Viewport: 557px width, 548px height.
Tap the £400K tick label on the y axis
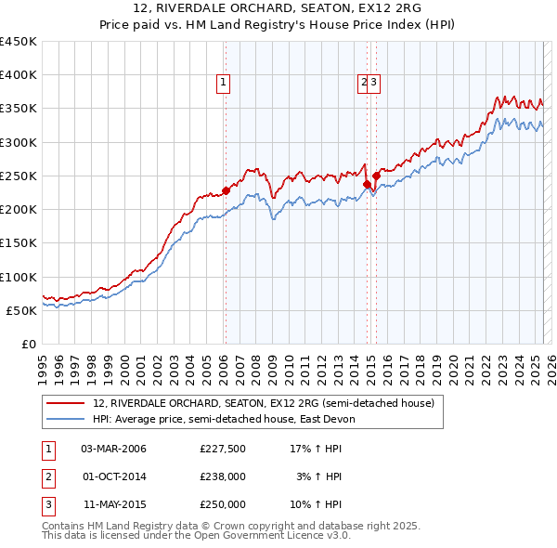pyautogui.click(x=19, y=75)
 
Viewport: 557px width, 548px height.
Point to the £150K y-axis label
pyautogui.click(x=19, y=242)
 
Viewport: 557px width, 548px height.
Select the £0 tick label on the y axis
pyautogui.click(x=29, y=344)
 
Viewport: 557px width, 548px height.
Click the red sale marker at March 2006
pyautogui.click(x=226, y=190)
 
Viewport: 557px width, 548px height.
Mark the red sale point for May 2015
pyautogui.click(x=376, y=176)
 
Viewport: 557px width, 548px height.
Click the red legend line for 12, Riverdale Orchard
pyautogui.click(x=66, y=403)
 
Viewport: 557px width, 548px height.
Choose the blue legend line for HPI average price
pyautogui.click(x=66, y=419)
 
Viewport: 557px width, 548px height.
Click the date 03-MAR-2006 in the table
pyautogui.click(x=114, y=450)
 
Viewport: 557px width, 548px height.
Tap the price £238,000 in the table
pyautogui.click(x=223, y=476)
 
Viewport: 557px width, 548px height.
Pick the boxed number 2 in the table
pyautogui.click(x=47, y=476)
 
